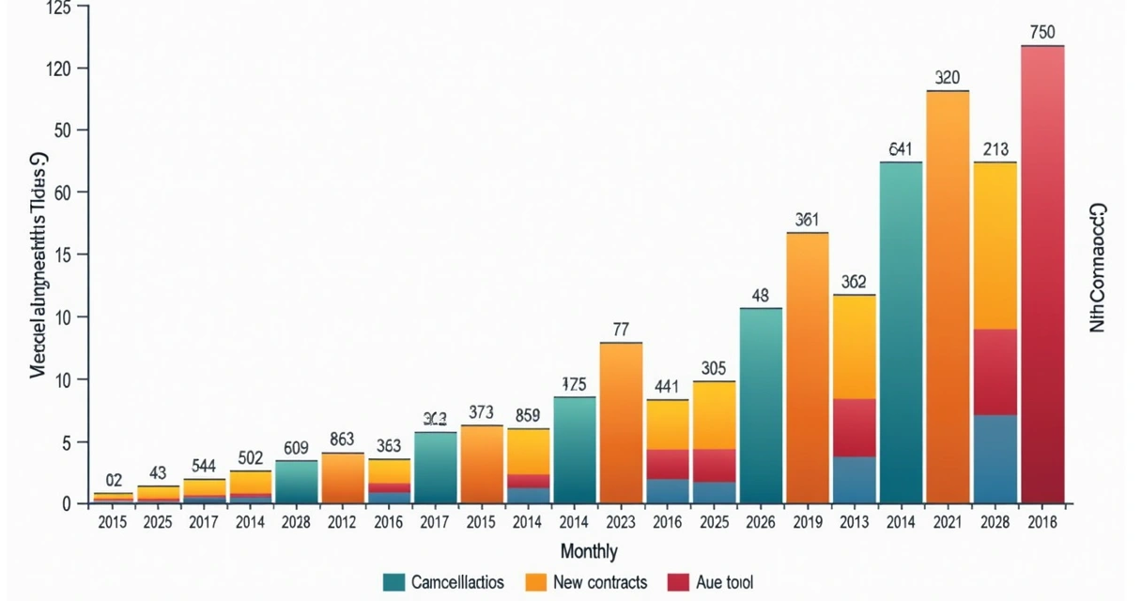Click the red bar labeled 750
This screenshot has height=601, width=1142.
[1042, 272]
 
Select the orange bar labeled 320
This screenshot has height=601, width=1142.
[948, 296]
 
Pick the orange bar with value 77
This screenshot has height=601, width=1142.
[621, 423]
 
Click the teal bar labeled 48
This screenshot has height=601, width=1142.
[761, 405]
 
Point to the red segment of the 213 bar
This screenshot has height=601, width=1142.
[995, 372]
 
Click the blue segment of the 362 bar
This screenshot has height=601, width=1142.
[855, 479]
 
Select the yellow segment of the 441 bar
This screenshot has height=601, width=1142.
[668, 424]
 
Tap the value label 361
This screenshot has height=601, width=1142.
[807, 221]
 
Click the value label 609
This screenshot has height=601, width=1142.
[296, 449]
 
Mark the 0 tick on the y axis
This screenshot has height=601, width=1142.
[67, 504]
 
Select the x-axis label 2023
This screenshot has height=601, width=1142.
[621, 523]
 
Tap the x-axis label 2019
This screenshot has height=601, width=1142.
[807, 523]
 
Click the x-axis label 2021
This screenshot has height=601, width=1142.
[948, 523]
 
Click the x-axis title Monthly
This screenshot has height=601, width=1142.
[589, 551]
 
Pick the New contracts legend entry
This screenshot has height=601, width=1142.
[600, 582]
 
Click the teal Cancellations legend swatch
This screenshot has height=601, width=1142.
[394, 582]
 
